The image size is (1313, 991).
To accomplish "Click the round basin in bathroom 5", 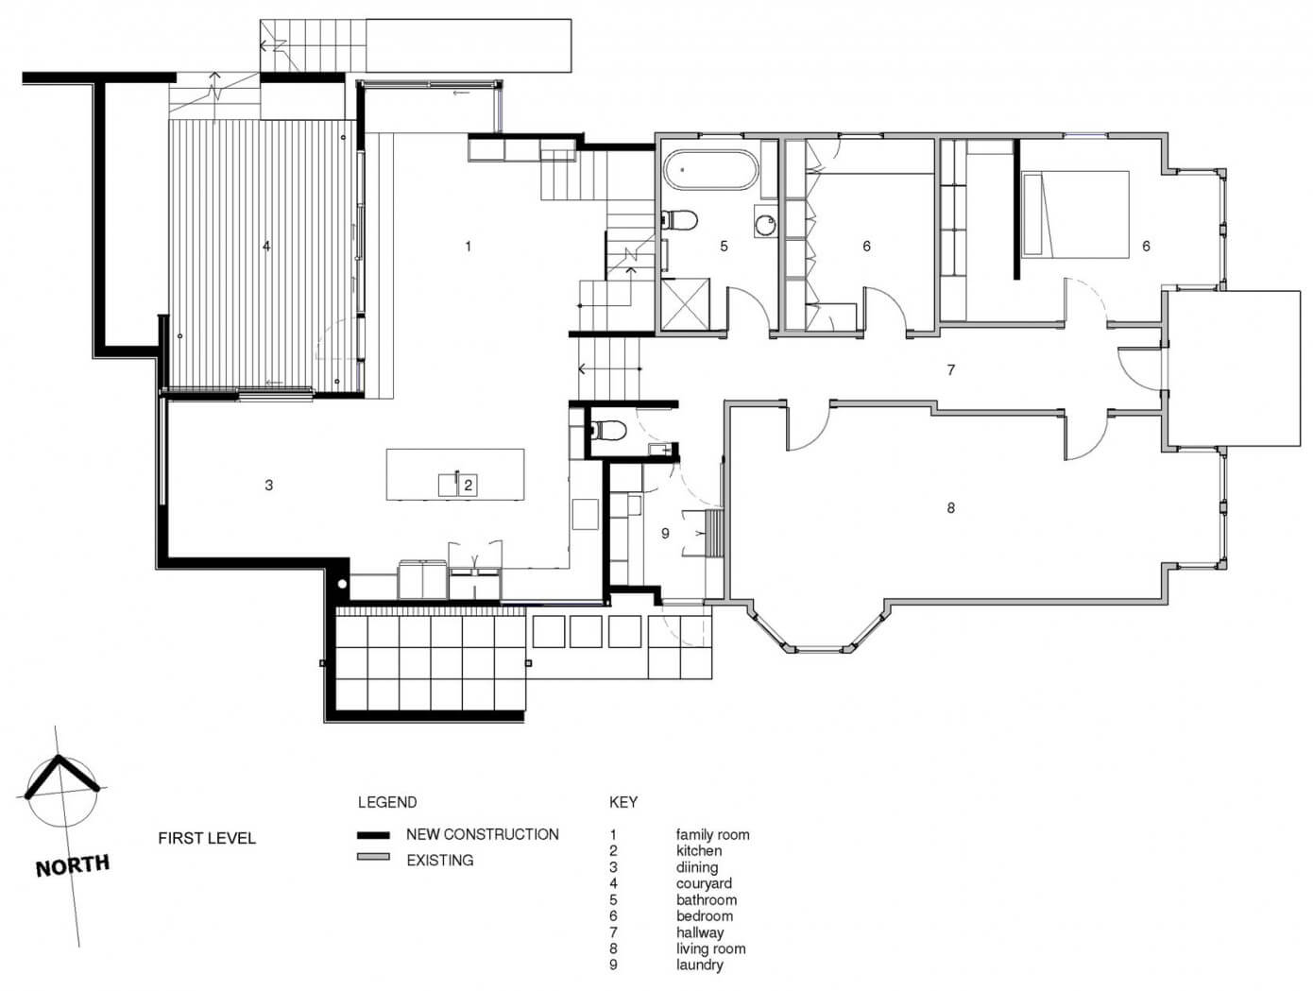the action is pos(764,224).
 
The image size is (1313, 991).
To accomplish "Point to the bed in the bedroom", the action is pos(1076,214).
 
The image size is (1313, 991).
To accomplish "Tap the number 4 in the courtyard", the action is pos(266,246).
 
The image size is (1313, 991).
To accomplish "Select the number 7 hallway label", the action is pos(951,370).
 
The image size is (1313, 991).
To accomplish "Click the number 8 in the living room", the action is pos(951,507).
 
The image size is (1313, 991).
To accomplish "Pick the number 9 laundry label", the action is pos(665,534).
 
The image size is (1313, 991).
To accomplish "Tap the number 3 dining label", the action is pos(269,485).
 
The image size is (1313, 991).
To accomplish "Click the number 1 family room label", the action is pos(469,246).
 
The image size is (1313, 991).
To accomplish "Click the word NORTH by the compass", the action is pos(73,864).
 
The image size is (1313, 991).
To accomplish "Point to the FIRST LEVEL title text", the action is pos(207,838).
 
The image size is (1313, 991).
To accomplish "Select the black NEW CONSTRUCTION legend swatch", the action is pos(373,835).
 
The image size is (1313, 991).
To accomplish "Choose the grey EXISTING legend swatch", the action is pos(373,857).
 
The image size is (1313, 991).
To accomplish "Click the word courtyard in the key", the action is pos(704,883).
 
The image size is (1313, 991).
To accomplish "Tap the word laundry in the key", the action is pos(700,965).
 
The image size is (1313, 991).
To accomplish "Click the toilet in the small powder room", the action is pos(606,430).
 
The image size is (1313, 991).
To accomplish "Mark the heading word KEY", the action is pos(623,802).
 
